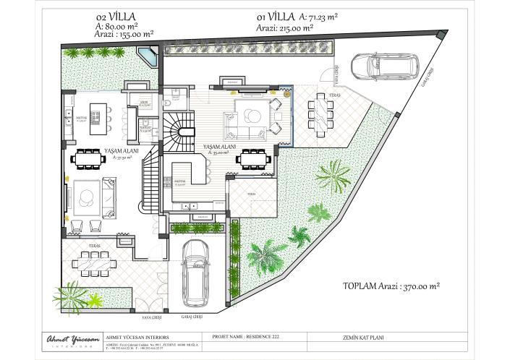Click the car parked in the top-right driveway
(384, 66)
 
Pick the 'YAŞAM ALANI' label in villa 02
(119, 150)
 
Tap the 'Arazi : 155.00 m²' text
(124, 33)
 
